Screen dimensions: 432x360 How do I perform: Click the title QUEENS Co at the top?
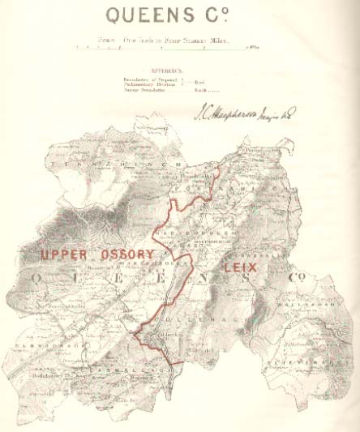tap(179, 16)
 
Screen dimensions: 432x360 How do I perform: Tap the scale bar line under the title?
tap(162, 49)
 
